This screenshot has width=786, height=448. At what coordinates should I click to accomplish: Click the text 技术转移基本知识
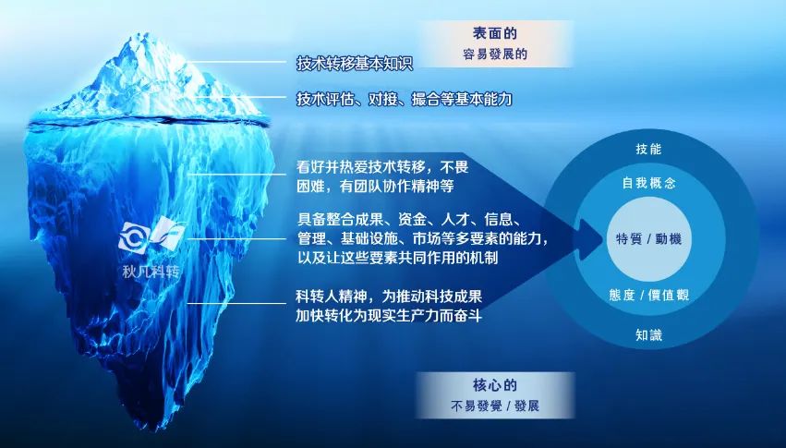tap(355, 64)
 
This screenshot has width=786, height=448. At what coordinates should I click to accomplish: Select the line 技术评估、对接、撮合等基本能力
tap(404, 99)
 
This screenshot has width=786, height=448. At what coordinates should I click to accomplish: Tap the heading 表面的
tap(494, 33)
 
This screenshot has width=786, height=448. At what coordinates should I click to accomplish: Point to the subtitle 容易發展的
tap(495, 54)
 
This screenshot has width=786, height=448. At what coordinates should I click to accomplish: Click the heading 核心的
tap(494, 385)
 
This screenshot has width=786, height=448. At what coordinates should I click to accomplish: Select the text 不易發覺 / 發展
tap(495, 406)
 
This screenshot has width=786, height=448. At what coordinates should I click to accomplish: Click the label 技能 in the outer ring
tap(648, 149)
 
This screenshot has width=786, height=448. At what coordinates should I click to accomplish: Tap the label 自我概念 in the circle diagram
tap(648, 183)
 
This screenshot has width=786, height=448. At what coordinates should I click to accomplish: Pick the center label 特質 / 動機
tap(648, 238)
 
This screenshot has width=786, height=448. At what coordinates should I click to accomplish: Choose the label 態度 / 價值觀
tap(648, 295)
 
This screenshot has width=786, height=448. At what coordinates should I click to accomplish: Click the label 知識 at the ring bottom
tap(648, 334)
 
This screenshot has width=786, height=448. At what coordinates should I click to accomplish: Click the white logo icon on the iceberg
tap(151, 236)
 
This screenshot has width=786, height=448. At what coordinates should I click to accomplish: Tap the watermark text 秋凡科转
tap(151, 272)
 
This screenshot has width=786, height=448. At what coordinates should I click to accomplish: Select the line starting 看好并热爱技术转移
tap(382, 166)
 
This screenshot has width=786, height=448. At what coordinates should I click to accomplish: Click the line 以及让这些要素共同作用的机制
tap(397, 258)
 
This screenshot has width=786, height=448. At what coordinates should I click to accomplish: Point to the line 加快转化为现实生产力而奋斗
tap(389, 316)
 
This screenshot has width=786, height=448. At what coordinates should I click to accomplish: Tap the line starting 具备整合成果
tap(409, 219)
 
